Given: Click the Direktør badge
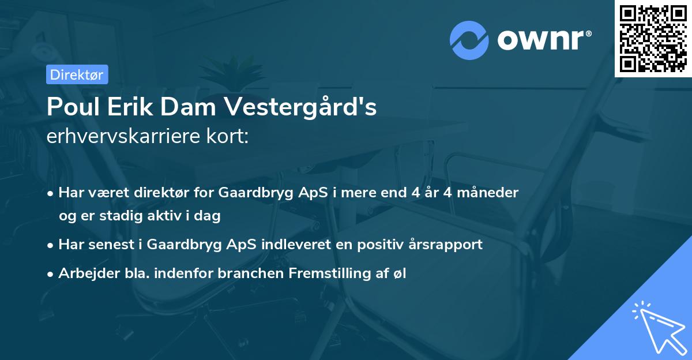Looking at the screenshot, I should (x=77, y=74).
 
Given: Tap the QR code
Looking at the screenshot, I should (x=653, y=38).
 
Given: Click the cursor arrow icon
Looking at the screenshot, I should (x=657, y=327).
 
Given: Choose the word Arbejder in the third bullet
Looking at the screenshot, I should (x=85, y=273).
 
